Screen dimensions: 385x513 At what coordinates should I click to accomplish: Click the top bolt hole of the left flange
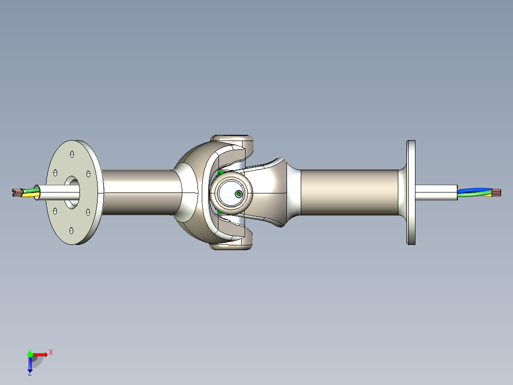(x=71, y=154)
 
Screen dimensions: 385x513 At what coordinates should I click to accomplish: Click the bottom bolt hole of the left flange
(x=71, y=231)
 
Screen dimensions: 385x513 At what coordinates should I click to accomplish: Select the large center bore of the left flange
(x=72, y=192)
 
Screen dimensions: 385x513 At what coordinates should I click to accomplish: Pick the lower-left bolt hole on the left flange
(x=55, y=211)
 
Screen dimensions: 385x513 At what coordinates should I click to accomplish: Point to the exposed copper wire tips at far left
(x=17, y=192)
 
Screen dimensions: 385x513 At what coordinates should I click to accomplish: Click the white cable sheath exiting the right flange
(x=435, y=192)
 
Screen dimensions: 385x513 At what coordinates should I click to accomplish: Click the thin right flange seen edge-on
(x=411, y=192)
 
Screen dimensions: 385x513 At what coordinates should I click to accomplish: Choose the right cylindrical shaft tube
(x=350, y=192)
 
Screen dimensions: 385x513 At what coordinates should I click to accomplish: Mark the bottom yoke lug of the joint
(x=232, y=244)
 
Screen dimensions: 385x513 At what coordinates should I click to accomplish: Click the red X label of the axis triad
(x=51, y=353)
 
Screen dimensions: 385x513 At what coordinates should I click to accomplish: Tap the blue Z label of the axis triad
(x=30, y=373)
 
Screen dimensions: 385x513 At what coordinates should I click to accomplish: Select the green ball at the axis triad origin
(x=30, y=355)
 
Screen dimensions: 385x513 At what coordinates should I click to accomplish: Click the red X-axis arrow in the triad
(x=40, y=355)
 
